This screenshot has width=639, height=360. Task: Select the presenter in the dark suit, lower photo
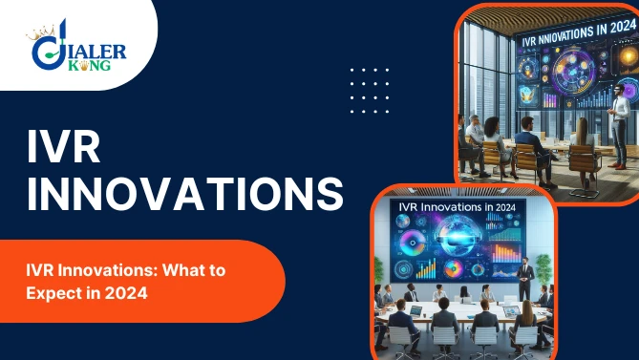(x=522, y=268)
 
